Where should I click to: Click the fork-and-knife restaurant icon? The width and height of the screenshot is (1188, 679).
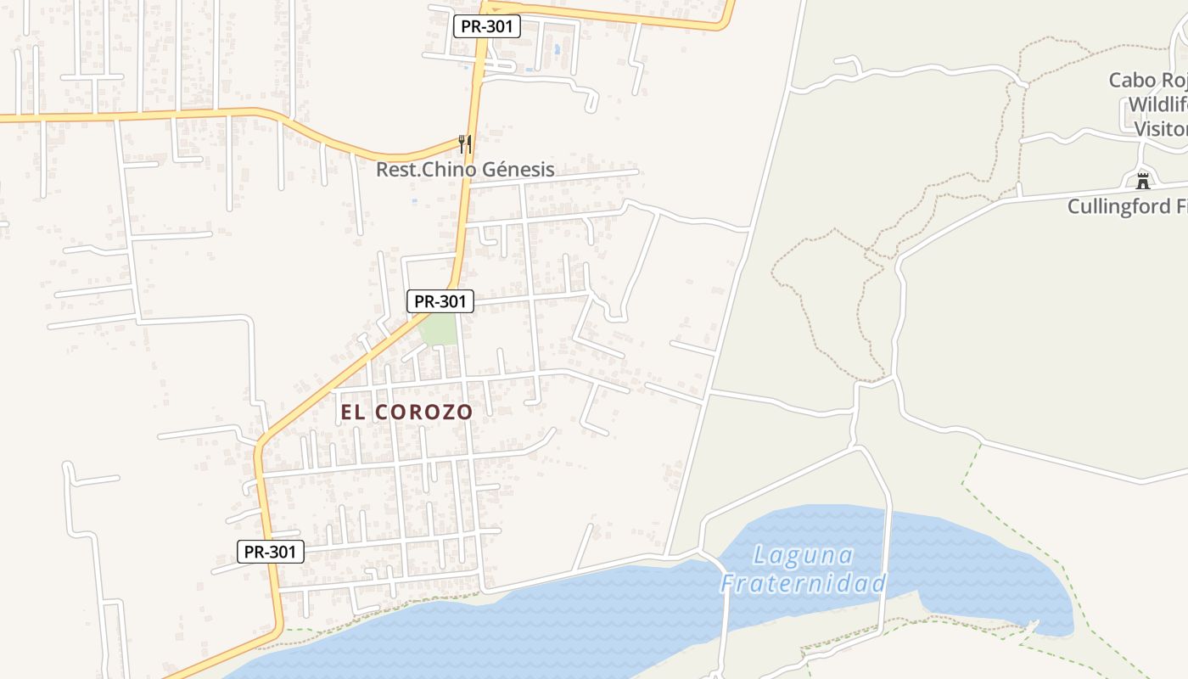[464, 143]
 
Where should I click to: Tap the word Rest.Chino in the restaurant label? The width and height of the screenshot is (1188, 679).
[427, 169]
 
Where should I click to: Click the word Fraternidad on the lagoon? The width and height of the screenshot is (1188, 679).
[804, 583]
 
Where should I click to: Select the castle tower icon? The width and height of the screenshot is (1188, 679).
[1143, 181]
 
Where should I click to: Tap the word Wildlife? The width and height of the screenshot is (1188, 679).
[1156, 105]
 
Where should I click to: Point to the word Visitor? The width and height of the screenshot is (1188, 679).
[1159, 129]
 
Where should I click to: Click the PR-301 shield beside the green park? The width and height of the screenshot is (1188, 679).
[440, 300]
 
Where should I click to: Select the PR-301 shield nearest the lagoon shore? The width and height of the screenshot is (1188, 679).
[270, 552]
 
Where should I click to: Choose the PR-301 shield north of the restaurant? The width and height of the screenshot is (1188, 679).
[487, 26]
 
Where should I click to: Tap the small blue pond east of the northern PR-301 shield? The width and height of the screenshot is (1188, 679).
[557, 49]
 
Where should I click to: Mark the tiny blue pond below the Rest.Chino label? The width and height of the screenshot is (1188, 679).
[414, 201]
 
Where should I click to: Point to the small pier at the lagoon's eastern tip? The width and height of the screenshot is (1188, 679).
[1031, 626]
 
